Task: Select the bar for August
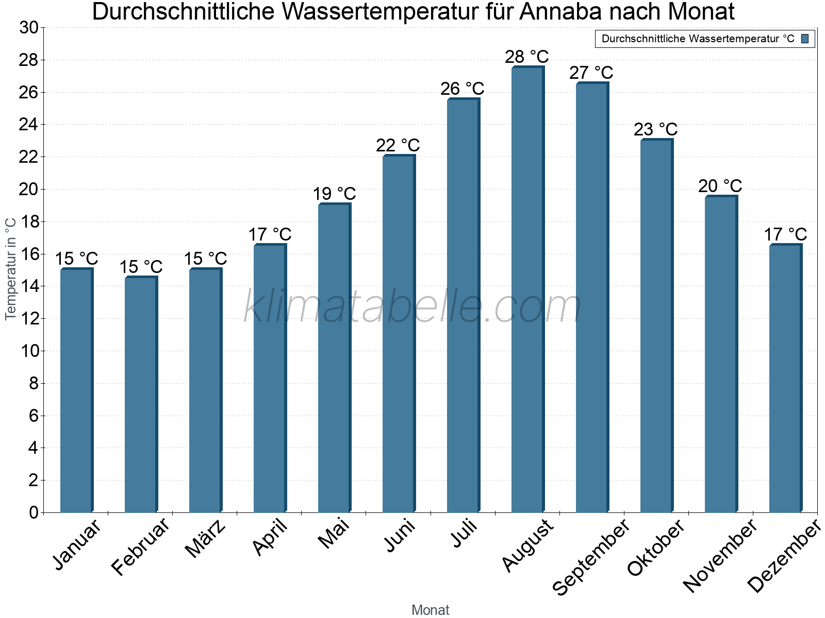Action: (527, 289)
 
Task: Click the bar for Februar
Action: (140, 394)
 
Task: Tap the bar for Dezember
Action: (785, 379)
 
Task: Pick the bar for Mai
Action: (334, 358)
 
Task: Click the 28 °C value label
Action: (526, 57)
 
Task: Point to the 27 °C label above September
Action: (591, 73)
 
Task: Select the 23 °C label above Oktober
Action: (655, 129)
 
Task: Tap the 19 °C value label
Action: (334, 194)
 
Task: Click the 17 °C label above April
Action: (270, 235)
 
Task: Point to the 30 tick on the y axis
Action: (29, 28)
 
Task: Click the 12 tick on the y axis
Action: (29, 319)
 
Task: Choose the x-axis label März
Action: (206, 539)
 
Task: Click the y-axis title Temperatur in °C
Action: (11, 268)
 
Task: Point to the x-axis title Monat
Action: (430, 610)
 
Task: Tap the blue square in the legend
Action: (805, 39)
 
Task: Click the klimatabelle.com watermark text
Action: (412, 307)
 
